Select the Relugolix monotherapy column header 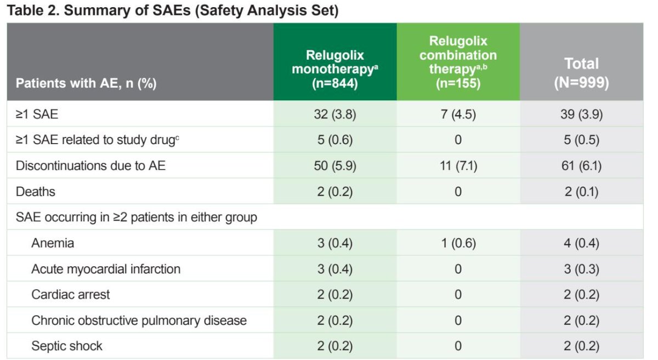tap(335, 69)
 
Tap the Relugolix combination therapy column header tap(458, 62)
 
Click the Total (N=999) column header tap(581, 73)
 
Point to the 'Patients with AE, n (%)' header tap(86, 83)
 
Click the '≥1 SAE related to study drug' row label tap(97, 140)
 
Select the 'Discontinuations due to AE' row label tap(90, 165)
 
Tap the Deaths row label tap(36, 191)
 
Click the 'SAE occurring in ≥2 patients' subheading tap(137, 218)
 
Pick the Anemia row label tap(53, 243)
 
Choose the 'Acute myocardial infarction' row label tap(106, 269)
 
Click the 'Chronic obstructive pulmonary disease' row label tap(139, 321)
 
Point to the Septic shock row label tap(67, 346)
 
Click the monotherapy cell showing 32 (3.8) tap(335, 114)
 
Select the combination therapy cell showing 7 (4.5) tap(458, 114)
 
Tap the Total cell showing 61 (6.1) tap(582, 165)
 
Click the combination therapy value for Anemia tap(458, 243)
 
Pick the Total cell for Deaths tap(582, 191)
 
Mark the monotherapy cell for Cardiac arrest tap(335, 294)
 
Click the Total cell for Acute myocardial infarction tap(582, 269)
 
